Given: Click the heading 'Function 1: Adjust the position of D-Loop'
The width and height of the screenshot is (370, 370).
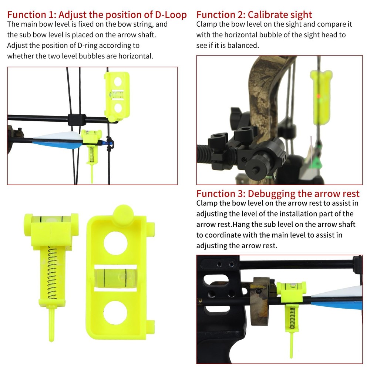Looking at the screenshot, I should (97, 15).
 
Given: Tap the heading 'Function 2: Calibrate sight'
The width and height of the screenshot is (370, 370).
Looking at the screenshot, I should (254, 15).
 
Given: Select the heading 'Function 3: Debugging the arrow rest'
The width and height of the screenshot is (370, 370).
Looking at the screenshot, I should (278, 194).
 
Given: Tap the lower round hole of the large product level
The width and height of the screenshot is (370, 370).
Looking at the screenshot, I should (115, 312).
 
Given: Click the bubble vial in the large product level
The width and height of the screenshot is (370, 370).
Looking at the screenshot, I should (115, 277).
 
